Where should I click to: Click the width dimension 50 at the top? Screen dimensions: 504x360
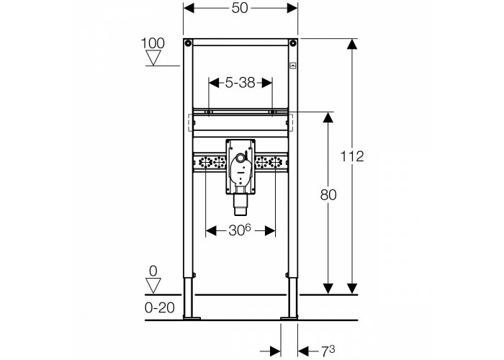click(x=240, y=8)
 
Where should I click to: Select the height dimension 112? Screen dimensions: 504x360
click(x=352, y=156)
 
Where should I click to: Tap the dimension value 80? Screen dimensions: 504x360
click(x=328, y=195)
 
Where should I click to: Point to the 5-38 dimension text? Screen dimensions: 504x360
click(x=240, y=83)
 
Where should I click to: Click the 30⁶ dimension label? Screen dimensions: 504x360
click(x=240, y=230)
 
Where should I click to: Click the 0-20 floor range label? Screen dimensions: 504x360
click(x=160, y=308)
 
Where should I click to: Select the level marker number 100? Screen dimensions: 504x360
click(x=153, y=43)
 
